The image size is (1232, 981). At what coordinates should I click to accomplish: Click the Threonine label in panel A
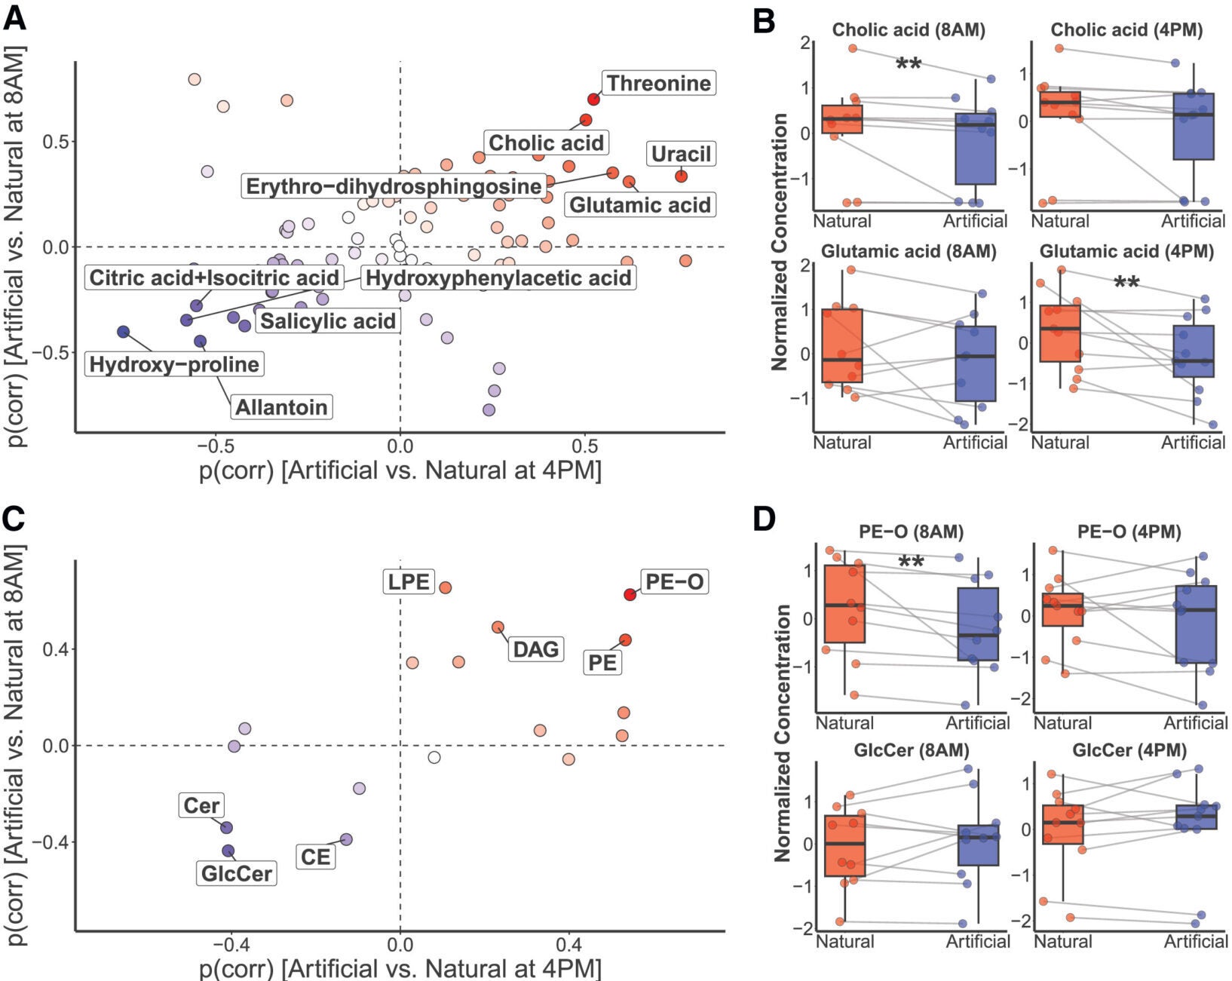tap(658, 83)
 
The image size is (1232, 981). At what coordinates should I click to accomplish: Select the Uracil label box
tap(681, 154)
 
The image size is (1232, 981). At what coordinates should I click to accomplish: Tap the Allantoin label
tap(282, 407)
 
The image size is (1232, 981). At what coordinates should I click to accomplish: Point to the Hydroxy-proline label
tap(174, 364)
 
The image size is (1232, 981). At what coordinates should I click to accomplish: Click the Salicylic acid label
tap(328, 321)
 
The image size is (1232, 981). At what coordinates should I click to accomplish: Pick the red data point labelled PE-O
tap(630, 594)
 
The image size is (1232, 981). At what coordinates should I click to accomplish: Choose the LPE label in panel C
tap(408, 581)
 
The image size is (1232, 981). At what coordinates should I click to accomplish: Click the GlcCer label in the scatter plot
tap(236, 873)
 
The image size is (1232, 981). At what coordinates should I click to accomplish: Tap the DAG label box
tap(535, 648)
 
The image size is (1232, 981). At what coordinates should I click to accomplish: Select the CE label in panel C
tap(315, 857)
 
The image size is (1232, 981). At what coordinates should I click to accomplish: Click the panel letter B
tap(764, 21)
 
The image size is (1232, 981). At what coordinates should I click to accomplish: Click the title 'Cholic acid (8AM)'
tap(909, 30)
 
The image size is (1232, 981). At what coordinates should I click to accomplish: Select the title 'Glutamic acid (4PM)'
tap(1126, 251)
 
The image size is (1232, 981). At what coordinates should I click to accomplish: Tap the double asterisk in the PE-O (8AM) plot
tap(911, 563)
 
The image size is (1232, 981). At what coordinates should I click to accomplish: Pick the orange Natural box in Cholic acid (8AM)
tap(842, 119)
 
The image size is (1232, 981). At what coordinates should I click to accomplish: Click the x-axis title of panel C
tap(400, 968)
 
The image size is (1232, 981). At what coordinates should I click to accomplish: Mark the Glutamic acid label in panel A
tap(639, 205)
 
